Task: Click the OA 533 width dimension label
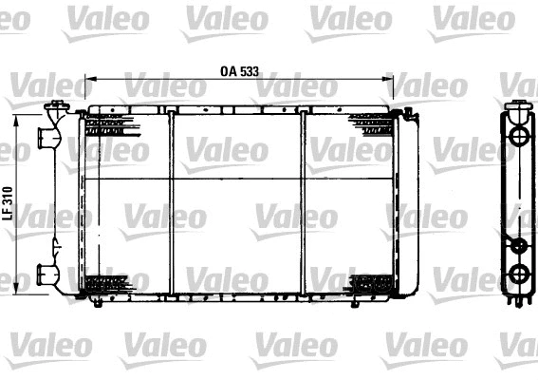[x=239, y=71]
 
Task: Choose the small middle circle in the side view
[x=518, y=246]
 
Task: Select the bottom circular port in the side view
[x=518, y=275]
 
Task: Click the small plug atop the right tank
[x=407, y=113]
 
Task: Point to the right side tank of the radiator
[x=405, y=204]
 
